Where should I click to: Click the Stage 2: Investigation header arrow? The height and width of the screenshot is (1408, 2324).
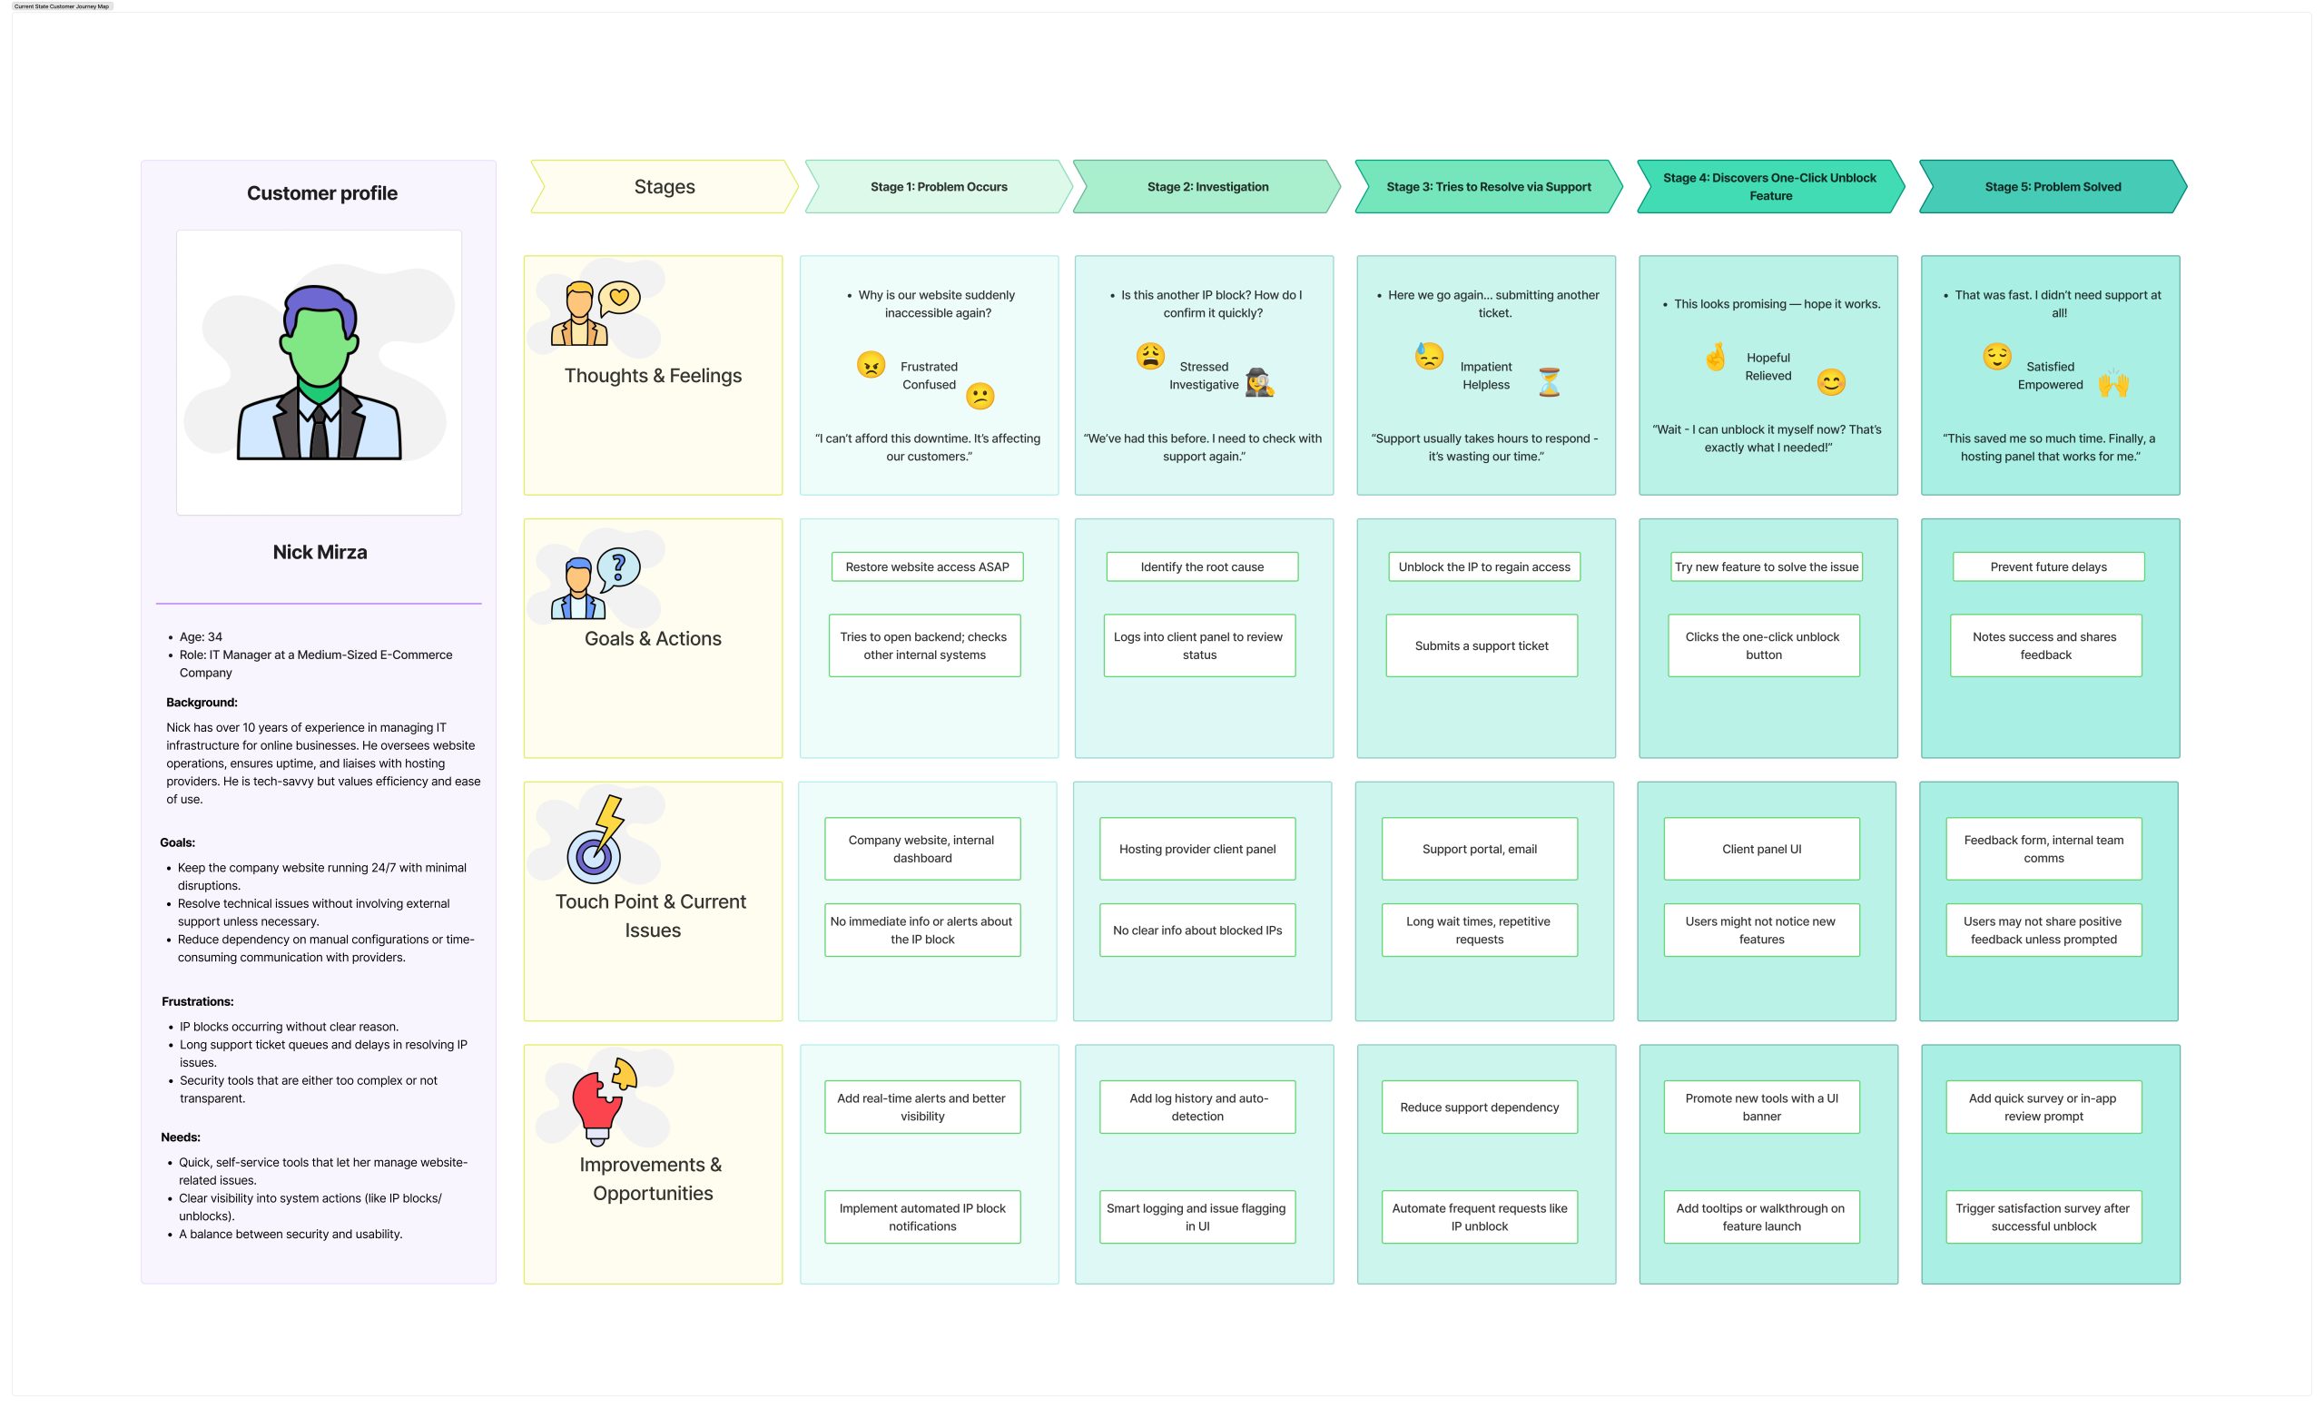pos(1206,187)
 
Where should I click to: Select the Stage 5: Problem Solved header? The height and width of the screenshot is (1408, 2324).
pos(2053,187)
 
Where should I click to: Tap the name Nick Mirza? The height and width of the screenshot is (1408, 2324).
pos(320,553)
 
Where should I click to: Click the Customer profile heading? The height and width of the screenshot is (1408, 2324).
pos(321,193)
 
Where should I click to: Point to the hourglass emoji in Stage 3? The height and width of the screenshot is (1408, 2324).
pos(1550,382)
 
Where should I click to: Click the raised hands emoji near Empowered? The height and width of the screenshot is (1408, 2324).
pos(2113,384)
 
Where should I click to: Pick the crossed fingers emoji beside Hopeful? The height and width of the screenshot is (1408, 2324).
pos(1716,358)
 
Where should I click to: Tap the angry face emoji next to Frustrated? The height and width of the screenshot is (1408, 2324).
pos(871,364)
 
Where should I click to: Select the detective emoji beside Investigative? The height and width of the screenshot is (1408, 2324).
pos(1259,382)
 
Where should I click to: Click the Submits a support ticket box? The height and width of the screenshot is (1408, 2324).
pos(1481,646)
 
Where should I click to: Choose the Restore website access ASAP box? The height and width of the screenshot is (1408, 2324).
pos(927,566)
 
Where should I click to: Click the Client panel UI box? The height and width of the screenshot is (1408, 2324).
pos(1761,849)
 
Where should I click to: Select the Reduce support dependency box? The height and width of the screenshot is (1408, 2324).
pos(1479,1108)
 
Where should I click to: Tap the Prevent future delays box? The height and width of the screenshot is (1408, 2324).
pos(2048,566)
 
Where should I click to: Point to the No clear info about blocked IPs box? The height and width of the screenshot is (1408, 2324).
pos(1196,930)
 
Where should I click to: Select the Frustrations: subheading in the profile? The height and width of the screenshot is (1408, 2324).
pos(197,1001)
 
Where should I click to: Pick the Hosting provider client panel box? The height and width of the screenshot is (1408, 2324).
pos(1196,849)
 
